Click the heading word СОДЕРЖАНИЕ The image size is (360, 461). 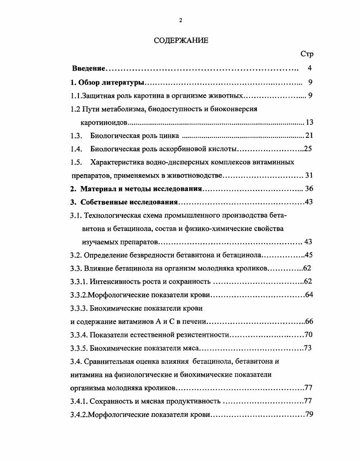click(x=181, y=41)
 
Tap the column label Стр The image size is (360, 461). click(x=306, y=54)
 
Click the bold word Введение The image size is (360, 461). click(x=89, y=68)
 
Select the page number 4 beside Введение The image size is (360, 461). click(x=310, y=68)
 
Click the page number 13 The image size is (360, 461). click(x=309, y=122)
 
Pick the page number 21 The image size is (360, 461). click(x=309, y=136)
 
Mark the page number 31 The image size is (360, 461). click(x=309, y=175)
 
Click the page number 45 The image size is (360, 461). click(x=309, y=255)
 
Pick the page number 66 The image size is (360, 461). click(x=309, y=321)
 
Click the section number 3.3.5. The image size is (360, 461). click(x=79, y=348)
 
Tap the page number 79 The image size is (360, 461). click(x=309, y=415)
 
